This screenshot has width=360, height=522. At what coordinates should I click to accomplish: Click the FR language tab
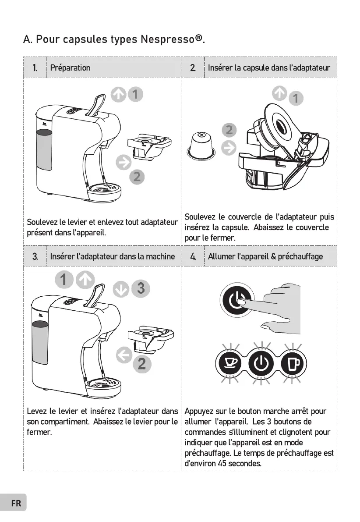click(x=16, y=503)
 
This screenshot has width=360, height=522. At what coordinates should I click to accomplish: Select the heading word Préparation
click(x=70, y=68)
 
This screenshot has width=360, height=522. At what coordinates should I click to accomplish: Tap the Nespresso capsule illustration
click(x=201, y=146)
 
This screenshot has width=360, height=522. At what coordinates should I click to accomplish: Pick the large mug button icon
click(x=292, y=363)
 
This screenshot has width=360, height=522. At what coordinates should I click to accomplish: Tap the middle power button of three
click(x=261, y=363)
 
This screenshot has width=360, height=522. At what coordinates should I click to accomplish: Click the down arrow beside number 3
click(x=123, y=289)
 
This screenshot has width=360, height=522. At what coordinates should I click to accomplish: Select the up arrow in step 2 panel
click(x=279, y=93)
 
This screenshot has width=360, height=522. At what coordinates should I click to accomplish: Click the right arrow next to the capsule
click(x=229, y=149)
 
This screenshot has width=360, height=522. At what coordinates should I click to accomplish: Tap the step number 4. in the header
click(x=193, y=256)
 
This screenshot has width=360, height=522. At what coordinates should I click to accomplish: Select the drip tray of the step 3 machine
click(x=103, y=385)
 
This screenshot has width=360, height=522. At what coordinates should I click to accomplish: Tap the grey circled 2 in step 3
click(x=141, y=363)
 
